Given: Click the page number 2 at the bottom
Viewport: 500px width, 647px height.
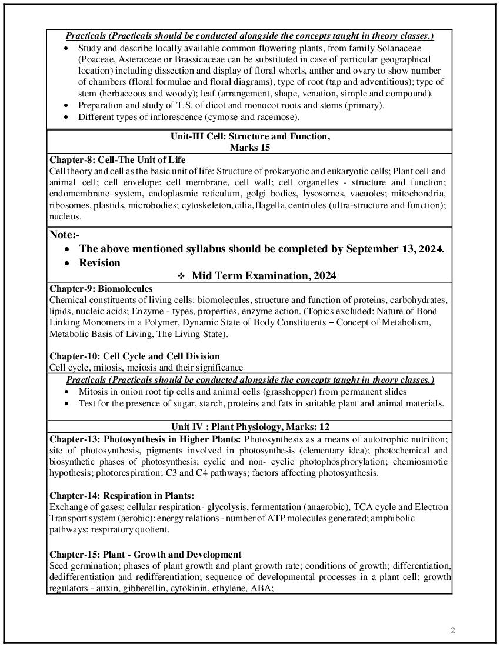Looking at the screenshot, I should pyautogui.click(x=453, y=631).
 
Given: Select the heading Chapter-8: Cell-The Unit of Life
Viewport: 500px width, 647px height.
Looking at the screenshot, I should pyautogui.click(x=117, y=160).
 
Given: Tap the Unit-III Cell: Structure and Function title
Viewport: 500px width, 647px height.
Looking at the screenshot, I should pyautogui.click(x=250, y=136).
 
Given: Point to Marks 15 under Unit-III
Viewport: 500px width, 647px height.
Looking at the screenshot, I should pyautogui.click(x=250, y=147).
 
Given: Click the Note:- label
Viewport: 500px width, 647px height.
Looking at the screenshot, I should pyautogui.click(x=65, y=235).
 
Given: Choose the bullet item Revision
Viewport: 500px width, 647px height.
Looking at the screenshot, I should pyautogui.click(x=99, y=263).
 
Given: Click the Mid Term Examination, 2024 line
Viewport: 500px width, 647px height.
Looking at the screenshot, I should pyautogui.click(x=264, y=276).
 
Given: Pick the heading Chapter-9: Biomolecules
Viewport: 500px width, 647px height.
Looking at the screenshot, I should pyautogui.click(x=101, y=289).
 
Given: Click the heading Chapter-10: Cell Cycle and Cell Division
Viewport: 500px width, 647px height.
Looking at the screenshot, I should pyautogui.click(x=135, y=356).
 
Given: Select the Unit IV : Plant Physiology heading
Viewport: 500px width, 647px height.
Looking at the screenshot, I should pyautogui.click(x=249, y=426).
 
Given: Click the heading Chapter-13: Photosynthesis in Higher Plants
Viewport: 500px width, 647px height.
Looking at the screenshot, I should pyautogui.click(x=145, y=439).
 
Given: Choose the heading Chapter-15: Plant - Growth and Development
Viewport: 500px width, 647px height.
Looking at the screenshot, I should pyautogui.click(x=145, y=555).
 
